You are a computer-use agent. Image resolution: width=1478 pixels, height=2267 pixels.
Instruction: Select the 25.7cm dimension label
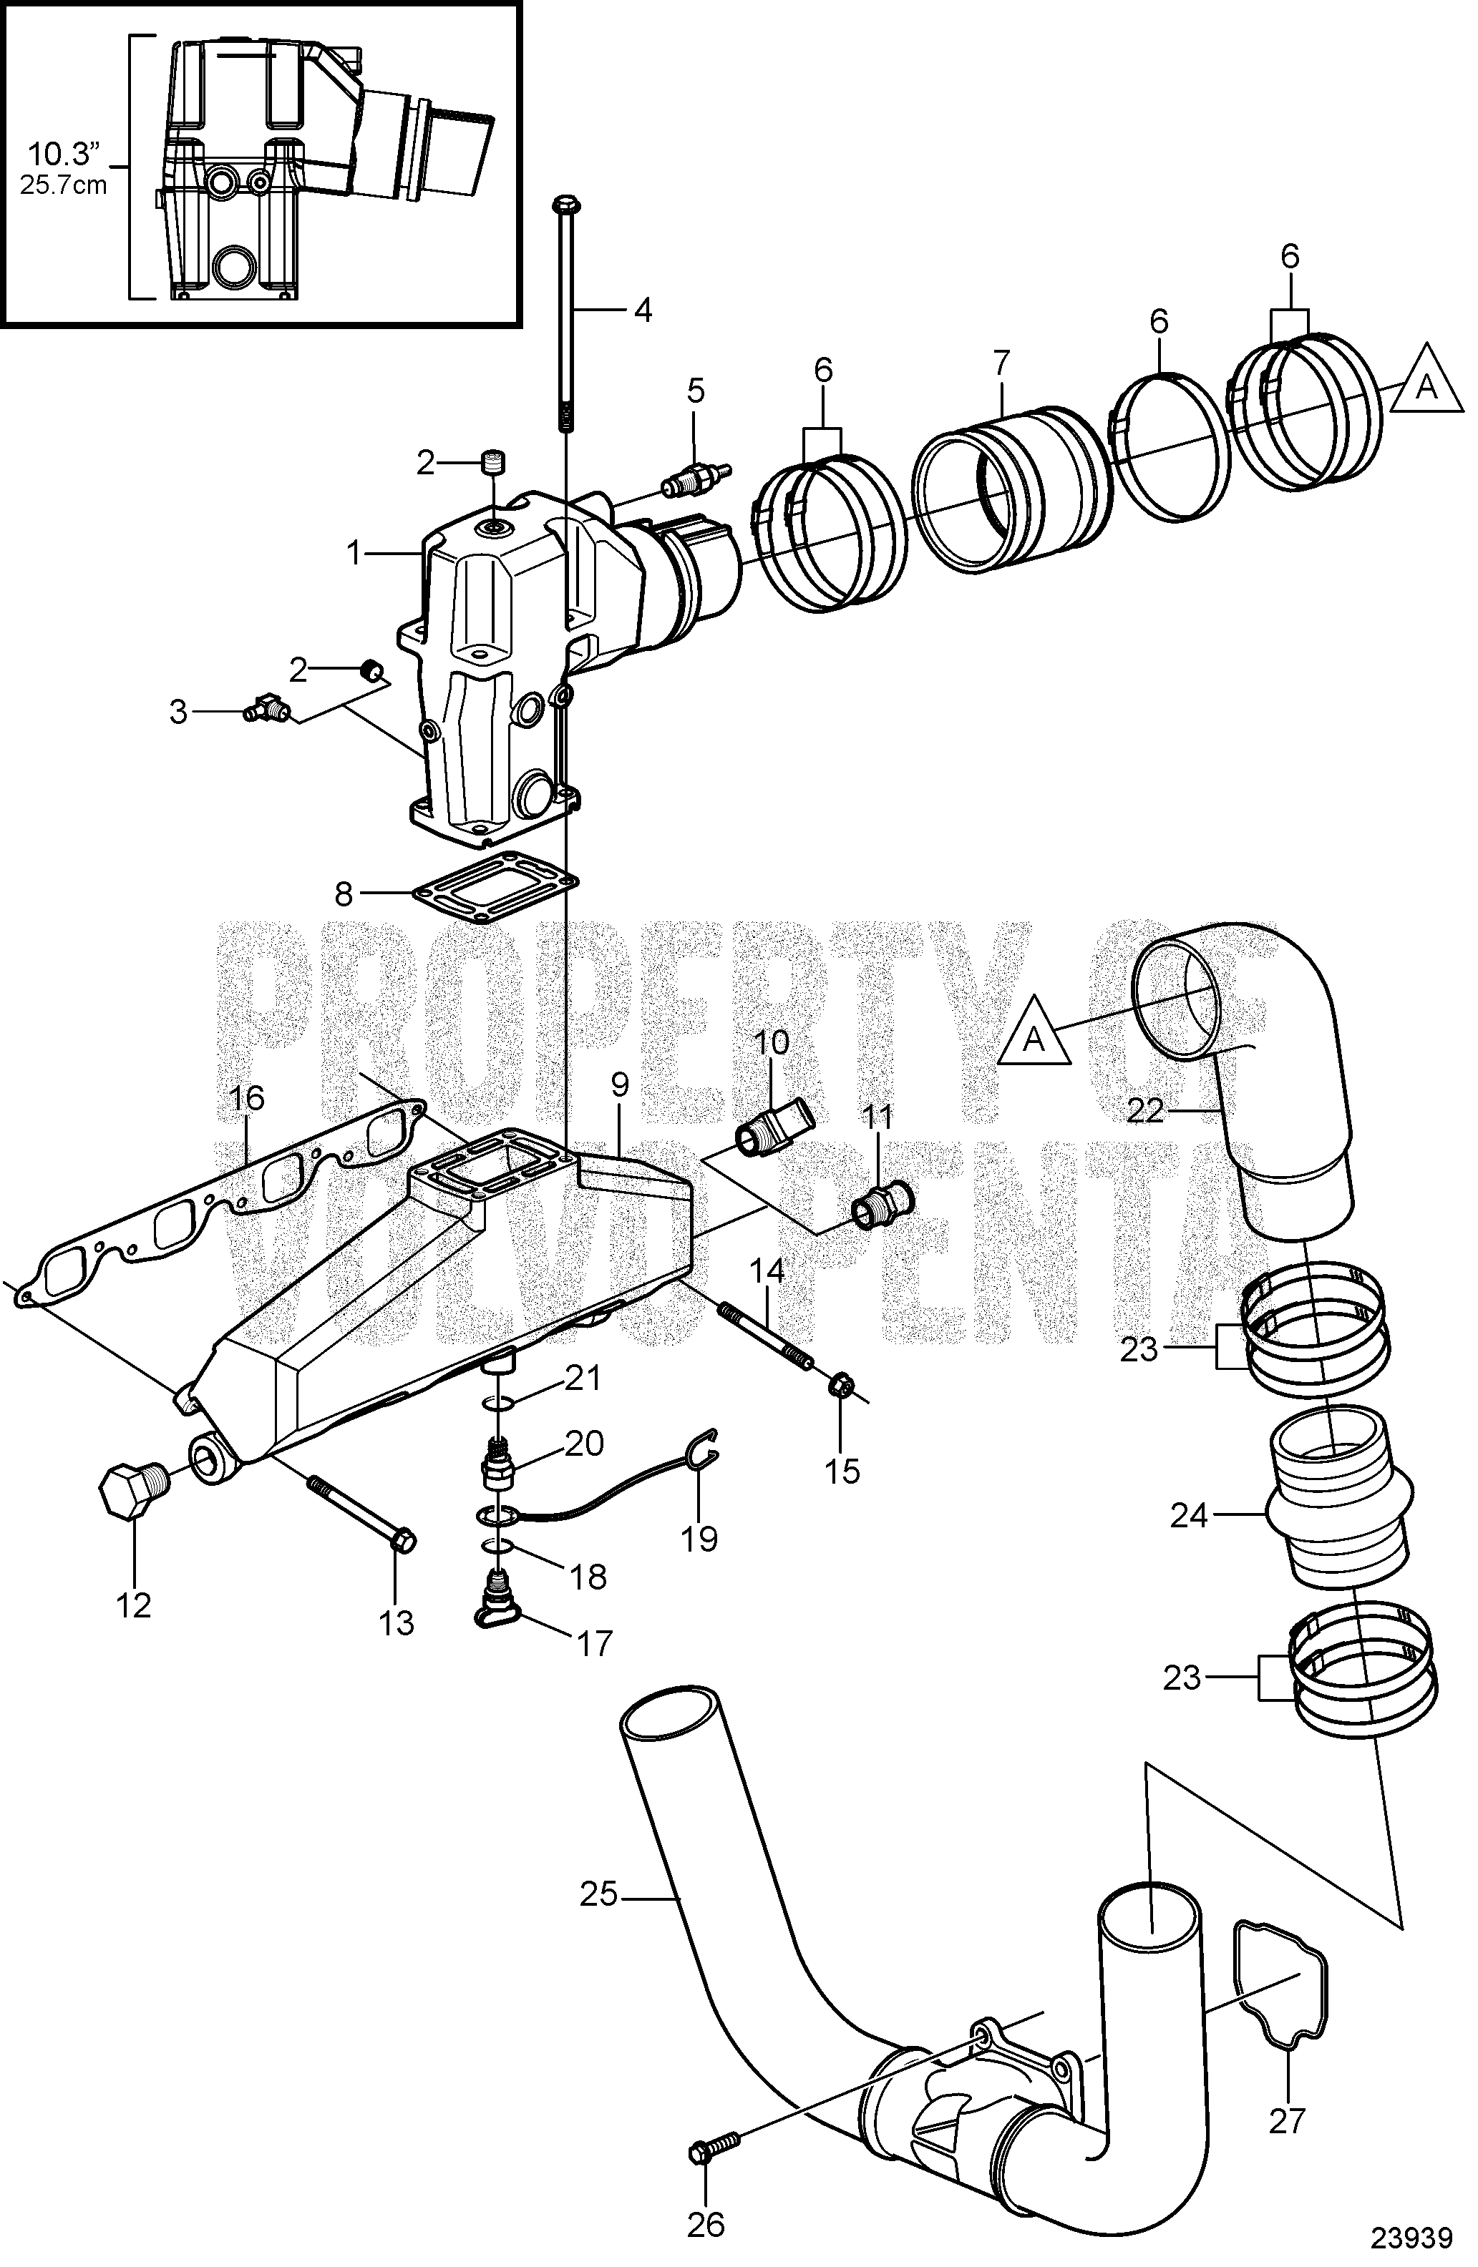pos(64,185)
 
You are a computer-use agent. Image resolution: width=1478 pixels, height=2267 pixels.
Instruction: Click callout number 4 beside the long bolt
pos(643,310)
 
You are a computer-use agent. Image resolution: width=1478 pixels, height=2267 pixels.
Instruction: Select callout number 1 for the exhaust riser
pos(354,552)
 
